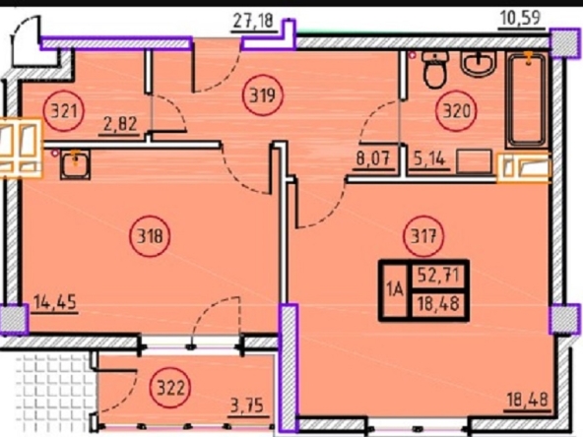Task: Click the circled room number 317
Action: click(423, 235)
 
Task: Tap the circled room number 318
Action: click(150, 235)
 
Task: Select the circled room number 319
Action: click(263, 95)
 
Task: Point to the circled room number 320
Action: click(456, 111)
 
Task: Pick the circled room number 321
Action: click(64, 110)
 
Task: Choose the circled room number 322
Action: click(170, 388)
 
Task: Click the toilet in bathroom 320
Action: click(436, 70)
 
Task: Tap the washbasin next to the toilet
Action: click(479, 63)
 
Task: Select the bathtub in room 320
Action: click(527, 99)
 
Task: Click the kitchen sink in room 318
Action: click(76, 164)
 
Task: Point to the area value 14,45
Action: click(55, 302)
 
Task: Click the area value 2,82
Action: click(120, 124)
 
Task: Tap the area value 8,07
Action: click(373, 159)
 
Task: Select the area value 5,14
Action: click(429, 159)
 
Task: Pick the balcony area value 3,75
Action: click(247, 406)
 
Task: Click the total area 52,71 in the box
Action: click(438, 276)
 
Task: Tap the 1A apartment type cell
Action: click(395, 289)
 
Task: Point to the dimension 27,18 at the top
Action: click(253, 21)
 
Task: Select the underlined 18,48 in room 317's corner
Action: click(528, 401)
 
